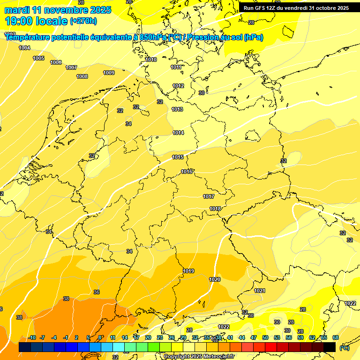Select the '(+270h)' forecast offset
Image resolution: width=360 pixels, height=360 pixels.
(x=83, y=21)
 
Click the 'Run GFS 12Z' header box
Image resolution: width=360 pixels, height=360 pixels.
(x=296, y=8)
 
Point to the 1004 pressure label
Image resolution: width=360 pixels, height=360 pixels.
(x=24, y=48)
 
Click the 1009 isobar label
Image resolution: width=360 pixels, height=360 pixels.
(x=109, y=73)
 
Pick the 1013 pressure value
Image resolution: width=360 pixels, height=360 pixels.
(x=177, y=109)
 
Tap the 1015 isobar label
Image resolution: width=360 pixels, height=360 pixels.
(x=178, y=157)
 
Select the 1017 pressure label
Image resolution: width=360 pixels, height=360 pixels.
(x=209, y=196)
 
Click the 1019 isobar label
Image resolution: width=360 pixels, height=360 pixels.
(x=188, y=271)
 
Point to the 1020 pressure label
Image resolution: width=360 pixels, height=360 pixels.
(x=214, y=279)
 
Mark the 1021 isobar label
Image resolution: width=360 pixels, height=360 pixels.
(x=259, y=291)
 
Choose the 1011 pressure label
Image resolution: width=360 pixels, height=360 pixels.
(x=176, y=67)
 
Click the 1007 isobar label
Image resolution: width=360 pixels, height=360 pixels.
(x=71, y=67)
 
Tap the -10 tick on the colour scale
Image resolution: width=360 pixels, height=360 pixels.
(x=32, y=337)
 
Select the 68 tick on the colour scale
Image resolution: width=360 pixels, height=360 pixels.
(x=335, y=337)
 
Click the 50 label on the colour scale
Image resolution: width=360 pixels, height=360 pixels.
(x=265, y=337)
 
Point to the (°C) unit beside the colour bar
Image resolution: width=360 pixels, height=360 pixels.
(x=344, y=347)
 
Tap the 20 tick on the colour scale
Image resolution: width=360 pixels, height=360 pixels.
(x=148, y=337)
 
